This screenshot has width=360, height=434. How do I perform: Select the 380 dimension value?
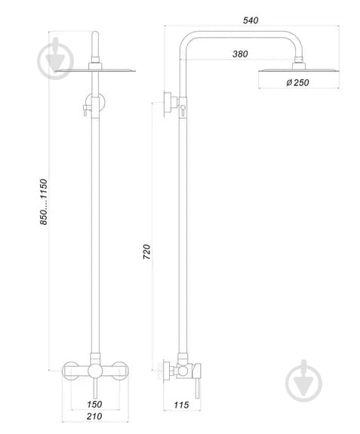(240, 54)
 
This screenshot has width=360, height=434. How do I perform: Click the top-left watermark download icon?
(57, 57)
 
